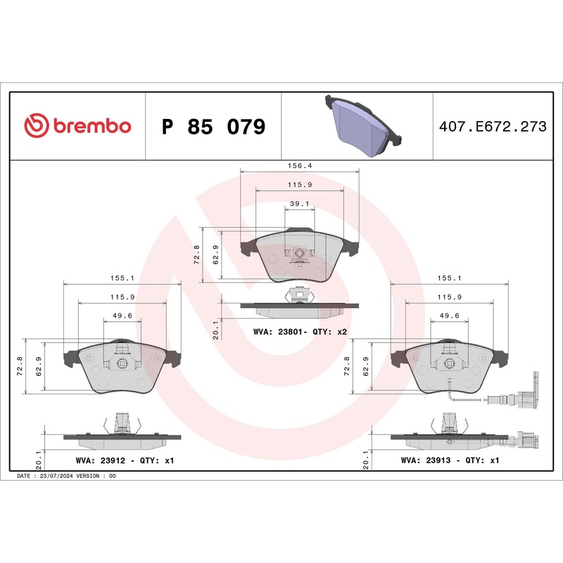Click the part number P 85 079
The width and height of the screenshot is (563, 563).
click(x=213, y=127)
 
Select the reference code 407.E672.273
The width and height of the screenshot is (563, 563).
click(x=492, y=127)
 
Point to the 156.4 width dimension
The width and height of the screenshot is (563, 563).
click(x=300, y=166)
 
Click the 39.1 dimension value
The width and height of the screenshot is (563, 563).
click(x=300, y=203)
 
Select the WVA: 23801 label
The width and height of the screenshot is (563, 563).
click(x=281, y=331)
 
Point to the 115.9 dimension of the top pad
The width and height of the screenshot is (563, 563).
click(x=300, y=184)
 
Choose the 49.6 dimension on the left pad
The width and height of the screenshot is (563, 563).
click(x=122, y=315)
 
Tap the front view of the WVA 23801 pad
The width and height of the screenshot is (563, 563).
click(x=300, y=256)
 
